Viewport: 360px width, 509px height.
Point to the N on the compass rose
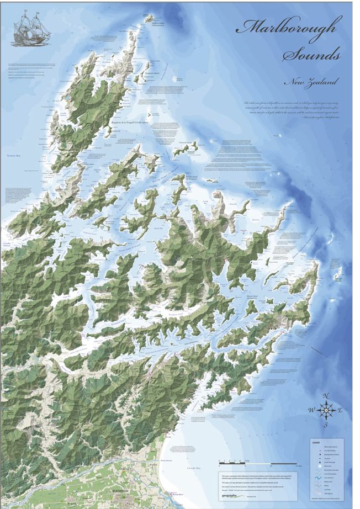(x=327, y=396)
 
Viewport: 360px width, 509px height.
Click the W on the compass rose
(x=311, y=410)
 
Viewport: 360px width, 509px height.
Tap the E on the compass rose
(x=341, y=410)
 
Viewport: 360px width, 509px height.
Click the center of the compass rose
(x=326, y=410)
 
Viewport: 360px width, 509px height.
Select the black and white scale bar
(x=248, y=462)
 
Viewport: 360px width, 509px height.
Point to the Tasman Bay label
(x=13, y=157)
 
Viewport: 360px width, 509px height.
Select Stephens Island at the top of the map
(x=148, y=19)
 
